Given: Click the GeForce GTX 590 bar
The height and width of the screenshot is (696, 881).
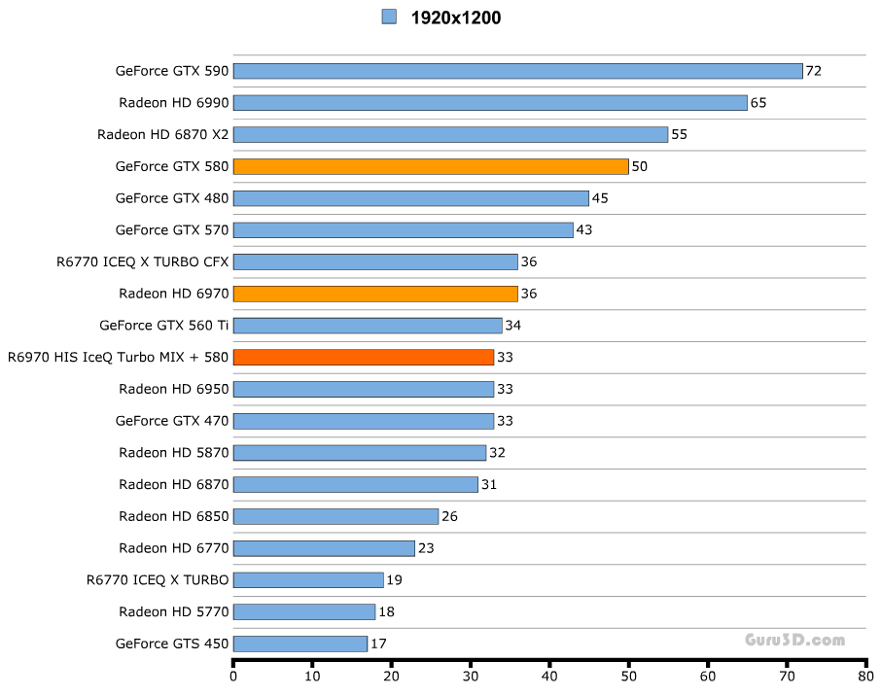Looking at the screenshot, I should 517,71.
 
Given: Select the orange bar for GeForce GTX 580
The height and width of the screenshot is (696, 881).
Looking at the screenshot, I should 431,166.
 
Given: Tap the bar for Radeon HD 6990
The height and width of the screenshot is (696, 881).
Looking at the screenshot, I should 490,103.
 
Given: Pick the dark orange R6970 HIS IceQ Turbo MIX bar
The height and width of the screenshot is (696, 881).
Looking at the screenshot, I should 364,357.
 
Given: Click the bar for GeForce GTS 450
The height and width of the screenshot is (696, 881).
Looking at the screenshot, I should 300,644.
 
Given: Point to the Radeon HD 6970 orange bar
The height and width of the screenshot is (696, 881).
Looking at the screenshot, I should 377,294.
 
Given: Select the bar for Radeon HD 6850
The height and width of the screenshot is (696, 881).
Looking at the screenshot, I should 335,516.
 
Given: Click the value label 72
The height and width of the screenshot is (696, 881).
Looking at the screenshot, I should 814,71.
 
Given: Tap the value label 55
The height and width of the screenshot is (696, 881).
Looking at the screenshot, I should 679,134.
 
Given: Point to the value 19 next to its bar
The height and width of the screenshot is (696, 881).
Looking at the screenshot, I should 394,580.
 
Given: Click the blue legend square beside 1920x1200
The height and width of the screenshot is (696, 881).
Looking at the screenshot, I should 389,17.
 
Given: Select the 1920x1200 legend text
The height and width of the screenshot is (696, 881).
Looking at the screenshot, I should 456,17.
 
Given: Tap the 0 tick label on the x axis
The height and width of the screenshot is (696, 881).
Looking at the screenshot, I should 233,677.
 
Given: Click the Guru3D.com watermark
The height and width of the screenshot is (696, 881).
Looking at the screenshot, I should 794,640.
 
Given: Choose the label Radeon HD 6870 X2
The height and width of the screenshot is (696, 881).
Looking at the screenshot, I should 162,134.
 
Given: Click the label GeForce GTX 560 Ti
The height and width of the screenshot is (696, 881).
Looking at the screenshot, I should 163,326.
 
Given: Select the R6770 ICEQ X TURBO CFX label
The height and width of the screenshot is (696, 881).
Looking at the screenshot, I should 142,261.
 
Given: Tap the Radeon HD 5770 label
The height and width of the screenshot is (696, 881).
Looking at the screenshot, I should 173,611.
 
